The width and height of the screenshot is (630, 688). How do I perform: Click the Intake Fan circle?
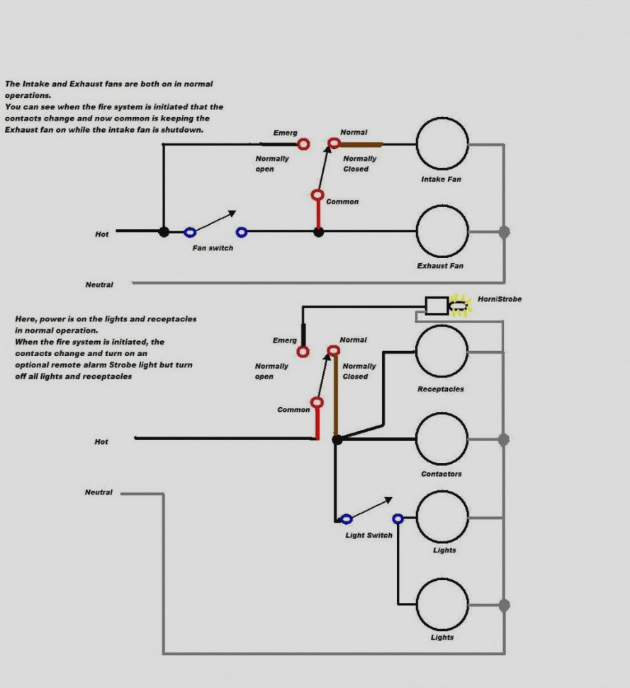tap(442, 118)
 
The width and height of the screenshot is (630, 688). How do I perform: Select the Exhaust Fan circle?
tap(442, 206)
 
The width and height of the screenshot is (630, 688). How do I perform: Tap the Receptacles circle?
tap(442, 326)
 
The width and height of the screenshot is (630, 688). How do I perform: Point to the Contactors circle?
tap(442, 414)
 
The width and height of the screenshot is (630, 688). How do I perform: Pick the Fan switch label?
tap(213, 248)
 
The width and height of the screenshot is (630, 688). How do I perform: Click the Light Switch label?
tap(369, 535)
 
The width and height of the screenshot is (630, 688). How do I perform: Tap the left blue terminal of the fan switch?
tap(190, 232)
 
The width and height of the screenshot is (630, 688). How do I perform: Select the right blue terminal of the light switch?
tap(398, 519)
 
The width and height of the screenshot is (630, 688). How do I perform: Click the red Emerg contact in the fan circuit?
tap(303, 144)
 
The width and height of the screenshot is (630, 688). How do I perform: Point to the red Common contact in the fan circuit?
tap(317, 195)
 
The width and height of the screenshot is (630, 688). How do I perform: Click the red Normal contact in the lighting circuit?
tap(334, 350)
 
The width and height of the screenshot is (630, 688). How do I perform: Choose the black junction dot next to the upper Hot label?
tap(164, 232)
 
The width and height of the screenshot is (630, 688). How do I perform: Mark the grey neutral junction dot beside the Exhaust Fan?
tap(504, 232)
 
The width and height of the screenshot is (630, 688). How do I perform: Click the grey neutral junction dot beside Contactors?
tap(504, 439)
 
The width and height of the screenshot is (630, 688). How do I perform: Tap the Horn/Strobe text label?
tap(500, 299)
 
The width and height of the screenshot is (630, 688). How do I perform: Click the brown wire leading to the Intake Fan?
tap(361, 145)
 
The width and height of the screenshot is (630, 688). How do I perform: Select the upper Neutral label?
tap(99, 284)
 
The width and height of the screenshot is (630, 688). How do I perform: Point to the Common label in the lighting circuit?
tap(293, 409)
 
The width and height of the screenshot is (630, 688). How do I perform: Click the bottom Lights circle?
tap(442, 579)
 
